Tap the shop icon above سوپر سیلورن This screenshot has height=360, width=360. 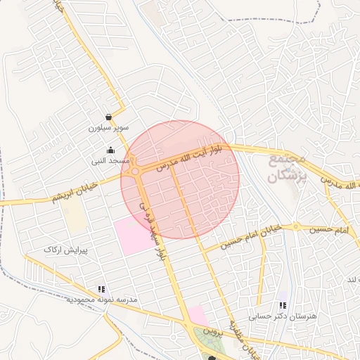108,117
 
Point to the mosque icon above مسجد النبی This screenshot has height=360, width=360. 110,150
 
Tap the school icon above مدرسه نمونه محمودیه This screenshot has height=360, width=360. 102,289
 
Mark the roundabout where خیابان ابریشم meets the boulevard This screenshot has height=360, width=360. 135,171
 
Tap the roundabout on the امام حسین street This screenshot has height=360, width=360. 295,226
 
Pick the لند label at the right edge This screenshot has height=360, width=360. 351,279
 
